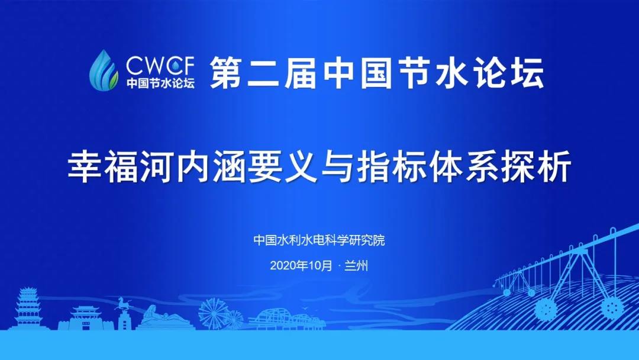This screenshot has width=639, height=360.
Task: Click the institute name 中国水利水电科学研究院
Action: (319, 240)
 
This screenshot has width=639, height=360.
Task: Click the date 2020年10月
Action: (301, 265)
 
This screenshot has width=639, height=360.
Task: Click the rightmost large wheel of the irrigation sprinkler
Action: (610, 306)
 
